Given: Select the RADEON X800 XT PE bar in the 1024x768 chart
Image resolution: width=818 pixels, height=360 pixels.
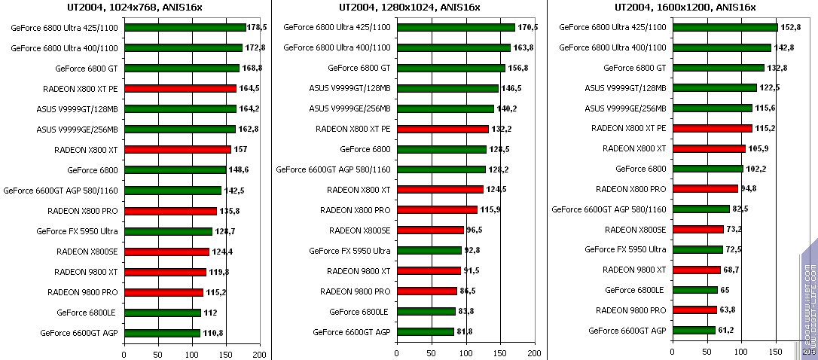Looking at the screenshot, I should (x=180, y=88).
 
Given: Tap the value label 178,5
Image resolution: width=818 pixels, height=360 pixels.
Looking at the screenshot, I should (x=258, y=27).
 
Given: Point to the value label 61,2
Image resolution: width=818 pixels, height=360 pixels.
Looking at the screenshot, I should (x=728, y=330).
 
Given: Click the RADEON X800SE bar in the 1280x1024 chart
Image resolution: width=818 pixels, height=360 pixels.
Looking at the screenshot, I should (x=430, y=230).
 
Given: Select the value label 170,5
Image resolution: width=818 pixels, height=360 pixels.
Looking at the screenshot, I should (x=528, y=27).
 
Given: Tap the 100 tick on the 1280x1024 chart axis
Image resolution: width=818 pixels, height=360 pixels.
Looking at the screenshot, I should (x=465, y=353).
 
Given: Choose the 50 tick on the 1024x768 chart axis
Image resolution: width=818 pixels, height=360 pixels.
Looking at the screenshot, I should (x=157, y=353).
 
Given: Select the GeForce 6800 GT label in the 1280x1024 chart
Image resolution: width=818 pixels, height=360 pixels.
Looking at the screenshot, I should (x=359, y=68).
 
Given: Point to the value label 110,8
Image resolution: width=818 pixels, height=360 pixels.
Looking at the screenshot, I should (x=213, y=332).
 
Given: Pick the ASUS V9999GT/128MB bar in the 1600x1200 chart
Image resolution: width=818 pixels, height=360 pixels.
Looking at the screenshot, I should (x=714, y=88).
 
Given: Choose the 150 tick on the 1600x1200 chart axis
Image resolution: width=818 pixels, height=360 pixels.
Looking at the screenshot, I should (x=776, y=353).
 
